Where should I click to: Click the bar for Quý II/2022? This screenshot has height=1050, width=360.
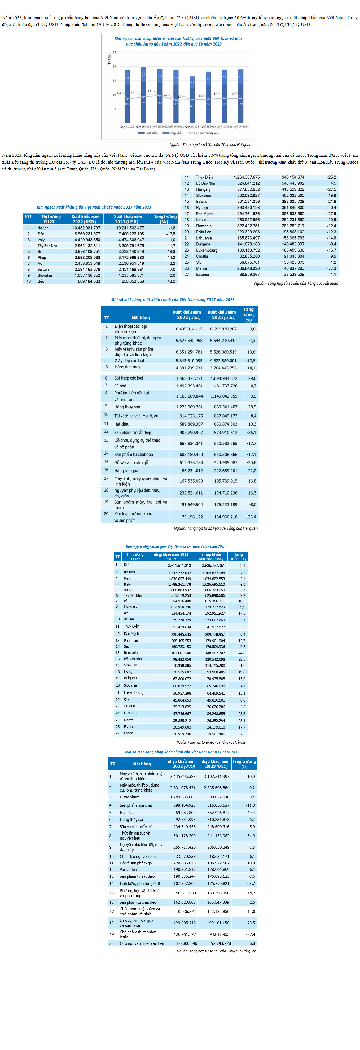point(143,95)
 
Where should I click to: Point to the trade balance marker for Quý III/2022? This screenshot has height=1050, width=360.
point(160,95)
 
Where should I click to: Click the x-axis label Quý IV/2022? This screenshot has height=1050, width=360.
point(176,127)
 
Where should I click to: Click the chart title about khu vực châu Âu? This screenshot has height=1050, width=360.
point(178,41)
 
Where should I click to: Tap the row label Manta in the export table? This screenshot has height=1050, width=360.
point(201,268)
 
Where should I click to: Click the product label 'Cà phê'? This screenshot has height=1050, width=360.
point(120,386)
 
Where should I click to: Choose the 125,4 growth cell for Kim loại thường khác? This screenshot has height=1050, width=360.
point(251,517)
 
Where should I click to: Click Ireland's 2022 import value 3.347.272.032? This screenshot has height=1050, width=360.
point(179,573)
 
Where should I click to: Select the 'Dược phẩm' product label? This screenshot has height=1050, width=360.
point(130,797)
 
